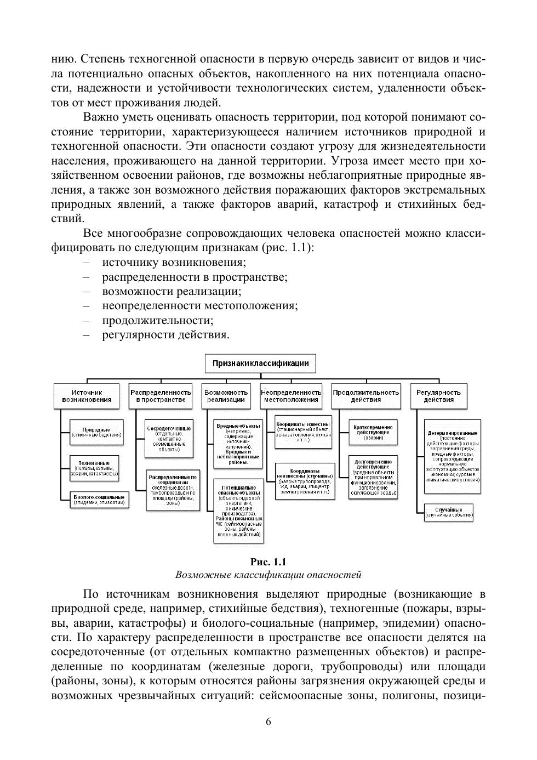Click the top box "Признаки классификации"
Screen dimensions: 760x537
(x=260, y=363)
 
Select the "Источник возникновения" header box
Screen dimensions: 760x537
(x=87, y=396)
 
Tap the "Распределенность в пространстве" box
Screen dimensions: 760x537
(x=161, y=396)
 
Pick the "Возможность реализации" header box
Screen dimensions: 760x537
(x=226, y=396)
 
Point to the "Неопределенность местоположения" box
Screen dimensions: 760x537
(x=291, y=396)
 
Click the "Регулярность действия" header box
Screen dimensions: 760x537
(x=438, y=396)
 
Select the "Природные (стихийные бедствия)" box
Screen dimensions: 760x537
(x=96, y=432)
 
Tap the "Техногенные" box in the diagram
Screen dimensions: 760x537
(x=94, y=468)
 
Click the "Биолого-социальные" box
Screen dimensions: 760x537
(x=100, y=500)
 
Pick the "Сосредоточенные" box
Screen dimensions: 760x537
(x=169, y=439)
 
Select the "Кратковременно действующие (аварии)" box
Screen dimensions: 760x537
(x=373, y=432)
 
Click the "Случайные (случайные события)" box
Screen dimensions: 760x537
(x=449, y=513)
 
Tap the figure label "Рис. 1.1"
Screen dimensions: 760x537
(x=268, y=562)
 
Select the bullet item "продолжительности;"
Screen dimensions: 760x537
(x=158, y=320)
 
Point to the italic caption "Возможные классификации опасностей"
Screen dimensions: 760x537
(x=268, y=575)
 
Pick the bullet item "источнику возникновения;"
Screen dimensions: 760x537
(x=174, y=262)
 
